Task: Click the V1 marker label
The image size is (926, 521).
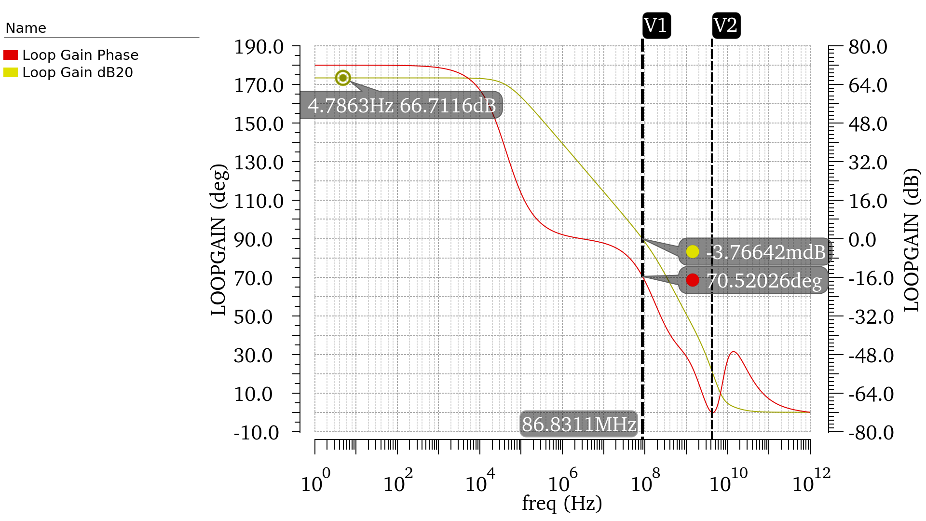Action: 656,26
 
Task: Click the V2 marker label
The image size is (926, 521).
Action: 726,26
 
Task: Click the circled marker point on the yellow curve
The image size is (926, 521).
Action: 343,78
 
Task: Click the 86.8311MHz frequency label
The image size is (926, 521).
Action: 579,425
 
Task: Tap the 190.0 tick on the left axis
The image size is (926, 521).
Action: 259,47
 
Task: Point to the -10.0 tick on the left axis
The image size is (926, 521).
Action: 257,433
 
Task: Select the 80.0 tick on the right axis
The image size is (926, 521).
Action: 868,47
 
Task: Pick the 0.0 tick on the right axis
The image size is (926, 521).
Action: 862,240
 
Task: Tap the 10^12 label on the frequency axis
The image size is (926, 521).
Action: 812,481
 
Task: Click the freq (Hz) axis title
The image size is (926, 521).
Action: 562,504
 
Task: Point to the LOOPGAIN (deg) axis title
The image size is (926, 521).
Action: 218,240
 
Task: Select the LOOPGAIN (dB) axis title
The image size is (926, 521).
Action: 912,240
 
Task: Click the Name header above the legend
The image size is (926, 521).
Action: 26,28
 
